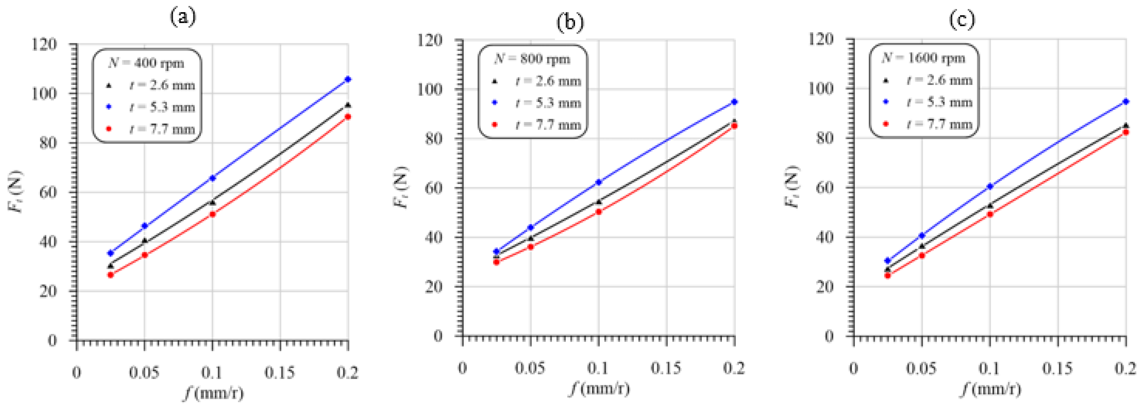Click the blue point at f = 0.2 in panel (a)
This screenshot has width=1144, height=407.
[x=348, y=79]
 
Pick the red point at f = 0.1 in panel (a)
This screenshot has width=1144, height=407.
[x=212, y=214]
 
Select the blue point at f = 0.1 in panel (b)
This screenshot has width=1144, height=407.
[x=599, y=182]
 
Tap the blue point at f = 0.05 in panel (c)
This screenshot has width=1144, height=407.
[x=922, y=235]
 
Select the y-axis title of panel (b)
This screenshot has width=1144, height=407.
[x=401, y=187]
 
